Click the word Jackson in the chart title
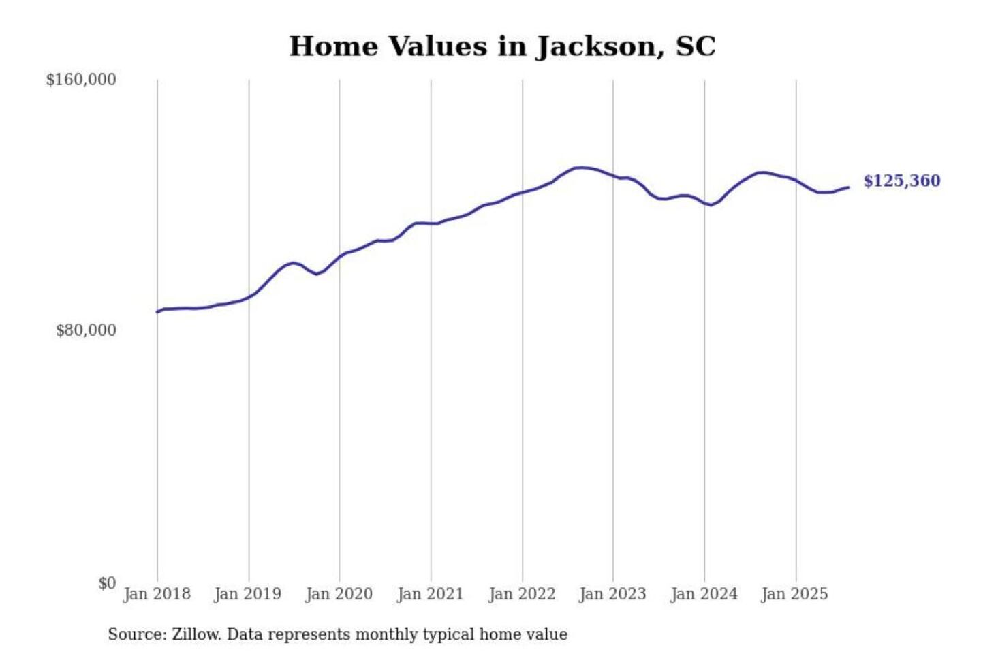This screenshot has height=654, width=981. [x=600, y=46]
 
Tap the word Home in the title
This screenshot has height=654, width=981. [x=333, y=46]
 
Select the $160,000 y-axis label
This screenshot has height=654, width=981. [x=81, y=80]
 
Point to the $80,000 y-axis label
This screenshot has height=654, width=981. [x=86, y=330]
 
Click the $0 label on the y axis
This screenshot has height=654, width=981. [x=107, y=583]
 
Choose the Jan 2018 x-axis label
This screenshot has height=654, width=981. [x=157, y=594]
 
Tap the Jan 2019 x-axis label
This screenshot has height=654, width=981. [x=247, y=594]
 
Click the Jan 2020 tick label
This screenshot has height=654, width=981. [x=339, y=594]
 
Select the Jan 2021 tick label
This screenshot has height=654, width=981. [x=430, y=594]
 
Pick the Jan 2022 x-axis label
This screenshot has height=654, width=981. [x=522, y=594]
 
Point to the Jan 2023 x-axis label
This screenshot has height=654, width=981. [x=612, y=594]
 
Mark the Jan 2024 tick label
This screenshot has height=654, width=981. [x=704, y=594]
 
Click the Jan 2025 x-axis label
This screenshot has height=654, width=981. [x=794, y=594]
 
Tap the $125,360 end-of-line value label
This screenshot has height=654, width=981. [x=901, y=181]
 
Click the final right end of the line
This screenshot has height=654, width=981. [x=848, y=187]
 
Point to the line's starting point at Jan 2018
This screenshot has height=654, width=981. [x=157, y=312]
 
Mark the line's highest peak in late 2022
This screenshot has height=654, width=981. [x=580, y=167]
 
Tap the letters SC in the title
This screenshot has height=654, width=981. [x=695, y=46]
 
